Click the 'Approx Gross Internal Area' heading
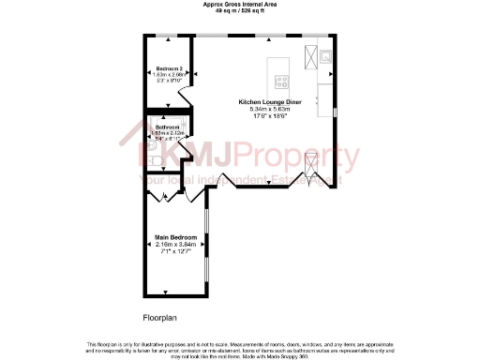pos(239,4)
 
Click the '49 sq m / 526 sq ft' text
pos(239,10)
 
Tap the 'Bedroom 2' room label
pos(170,69)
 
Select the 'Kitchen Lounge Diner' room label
pos(269,100)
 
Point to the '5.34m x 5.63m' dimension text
pos(269,108)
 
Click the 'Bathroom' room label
pos(168,127)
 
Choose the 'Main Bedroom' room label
pos(175,237)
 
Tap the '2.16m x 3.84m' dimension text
pos(175,245)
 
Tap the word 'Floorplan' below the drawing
pos(158,318)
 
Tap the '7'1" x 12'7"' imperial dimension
pos(175,252)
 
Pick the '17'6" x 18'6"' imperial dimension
pos(269,115)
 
